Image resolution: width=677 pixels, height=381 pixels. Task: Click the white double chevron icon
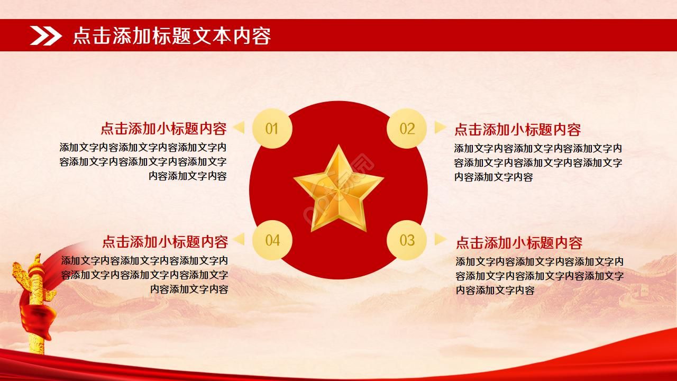pos(46,35)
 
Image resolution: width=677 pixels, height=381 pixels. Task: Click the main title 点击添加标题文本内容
pos(172,36)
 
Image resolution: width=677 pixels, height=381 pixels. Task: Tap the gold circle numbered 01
pos(272,129)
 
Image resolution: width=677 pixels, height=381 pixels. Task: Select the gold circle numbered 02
pos(407,129)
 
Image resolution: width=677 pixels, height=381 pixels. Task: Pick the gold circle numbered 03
pos(407,240)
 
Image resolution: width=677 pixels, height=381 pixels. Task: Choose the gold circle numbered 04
pos(272,240)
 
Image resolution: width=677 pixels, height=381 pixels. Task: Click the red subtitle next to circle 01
pos(163,129)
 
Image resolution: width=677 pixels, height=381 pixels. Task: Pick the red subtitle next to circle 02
pos(517,130)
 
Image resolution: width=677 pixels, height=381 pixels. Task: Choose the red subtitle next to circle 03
pos(519,243)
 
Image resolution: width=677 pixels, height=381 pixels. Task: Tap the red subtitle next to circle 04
pos(165,242)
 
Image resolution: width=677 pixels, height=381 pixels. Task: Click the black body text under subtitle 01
pos(143,162)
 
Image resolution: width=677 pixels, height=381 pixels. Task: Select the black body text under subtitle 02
pos(538,162)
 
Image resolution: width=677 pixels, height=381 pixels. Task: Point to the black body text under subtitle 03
pos(539,276)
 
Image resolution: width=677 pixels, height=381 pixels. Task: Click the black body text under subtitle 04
pos(144,275)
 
